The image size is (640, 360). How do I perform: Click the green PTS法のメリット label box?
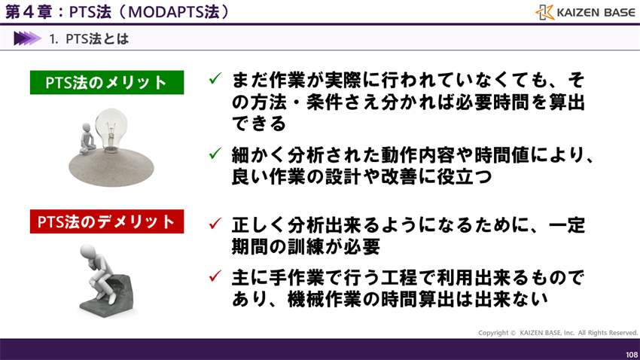106,83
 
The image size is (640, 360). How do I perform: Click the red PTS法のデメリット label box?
106,222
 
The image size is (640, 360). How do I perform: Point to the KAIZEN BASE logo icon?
544,12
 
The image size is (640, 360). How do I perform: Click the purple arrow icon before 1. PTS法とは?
27,38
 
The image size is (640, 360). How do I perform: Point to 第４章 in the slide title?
25,12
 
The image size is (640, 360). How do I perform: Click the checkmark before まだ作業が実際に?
215,78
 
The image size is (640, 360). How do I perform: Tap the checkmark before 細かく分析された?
215,154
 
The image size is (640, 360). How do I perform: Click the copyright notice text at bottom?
557,332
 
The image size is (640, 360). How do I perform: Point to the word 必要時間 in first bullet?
483,101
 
